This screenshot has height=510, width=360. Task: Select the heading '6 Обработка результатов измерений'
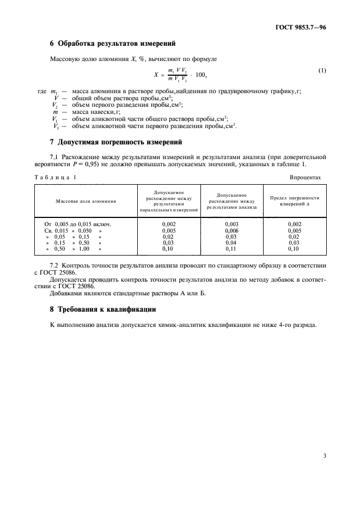(x=112, y=43)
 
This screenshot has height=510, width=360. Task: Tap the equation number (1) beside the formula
(x=321, y=70)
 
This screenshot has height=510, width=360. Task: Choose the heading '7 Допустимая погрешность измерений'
(x=115, y=142)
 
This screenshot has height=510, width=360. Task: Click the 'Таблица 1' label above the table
(x=56, y=178)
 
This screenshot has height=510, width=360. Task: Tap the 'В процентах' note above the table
(x=306, y=178)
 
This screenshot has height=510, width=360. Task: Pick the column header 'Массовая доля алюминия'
(x=86, y=201)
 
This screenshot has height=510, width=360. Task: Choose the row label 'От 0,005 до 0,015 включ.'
(x=77, y=224)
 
